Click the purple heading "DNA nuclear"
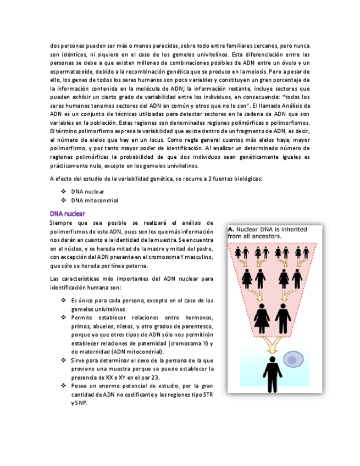pyautogui.click(x=67, y=213)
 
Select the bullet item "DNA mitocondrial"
pyautogui.click(x=95, y=201)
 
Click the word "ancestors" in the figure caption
pyautogui.click(x=265, y=236)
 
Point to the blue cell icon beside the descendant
pyautogui.click(x=293, y=360)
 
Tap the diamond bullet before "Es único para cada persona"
pyautogui.click(x=64, y=301)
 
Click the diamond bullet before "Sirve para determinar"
pyautogui.click(x=64, y=360)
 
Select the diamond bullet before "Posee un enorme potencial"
pyautogui.click(x=64, y=386)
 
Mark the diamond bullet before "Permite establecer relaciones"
pyautogui.click(x=64, y=318)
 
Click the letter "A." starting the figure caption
pyautogui.click(x=231, y=230)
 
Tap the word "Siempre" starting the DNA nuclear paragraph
pyautogui.click(x=61, y=223)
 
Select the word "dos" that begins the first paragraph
pyautogui.click(x=54, y=46)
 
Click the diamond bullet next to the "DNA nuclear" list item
pyautogui.click(x=64, y=192)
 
